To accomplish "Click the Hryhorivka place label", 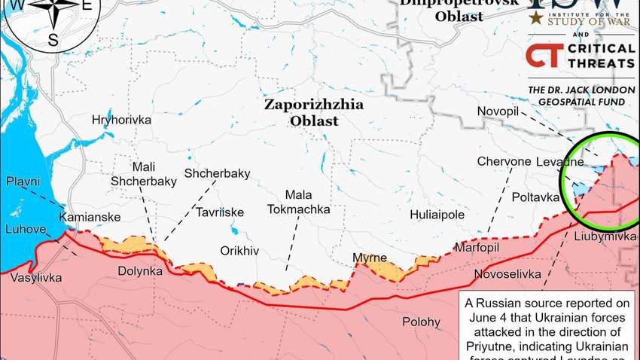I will [121, 120].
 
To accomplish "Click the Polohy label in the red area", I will [421, 322].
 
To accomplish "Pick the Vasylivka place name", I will [32, 277].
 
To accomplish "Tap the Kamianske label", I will [89, 217].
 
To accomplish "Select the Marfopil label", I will [477, 248].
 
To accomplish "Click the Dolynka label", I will [141, 270].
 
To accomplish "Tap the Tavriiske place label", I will [220, 212].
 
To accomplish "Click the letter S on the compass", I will [53, 41].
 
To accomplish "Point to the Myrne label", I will [370, 258].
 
